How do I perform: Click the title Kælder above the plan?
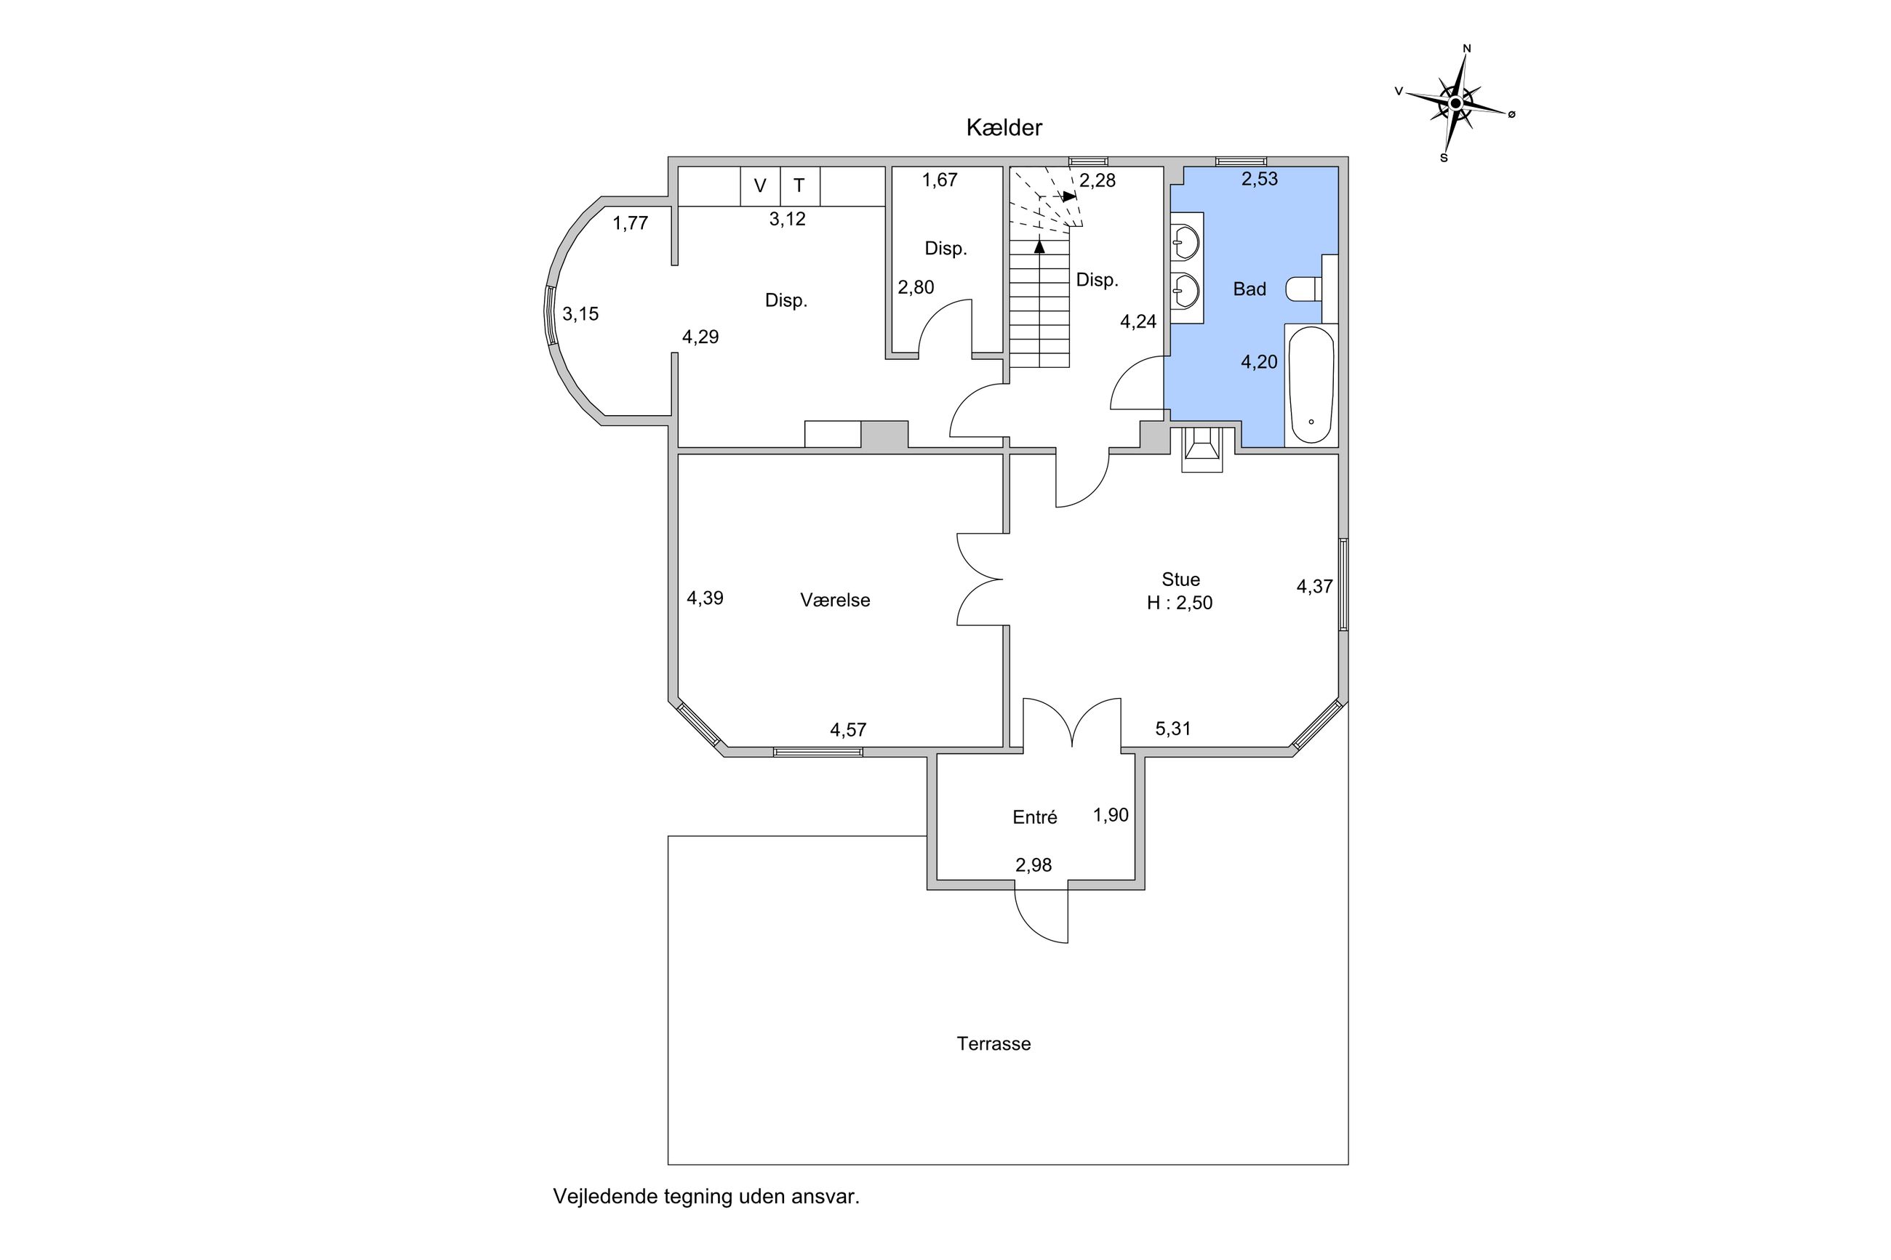[x=1004, y=128]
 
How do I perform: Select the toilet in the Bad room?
[x=1303, y=289]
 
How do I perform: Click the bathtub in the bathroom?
[x=1311, y=385]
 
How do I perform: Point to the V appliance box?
[x=760, y=186]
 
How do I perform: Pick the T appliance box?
[x=799, y=186]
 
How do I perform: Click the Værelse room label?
[x=835, y=601]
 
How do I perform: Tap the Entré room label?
[x=1034, y=817]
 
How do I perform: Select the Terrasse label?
[x=994, y=1044]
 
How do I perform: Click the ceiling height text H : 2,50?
[x=1180, y=603]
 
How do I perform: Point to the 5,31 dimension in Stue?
[x=1173, y=729]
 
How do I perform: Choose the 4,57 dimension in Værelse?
[x=849, y=730]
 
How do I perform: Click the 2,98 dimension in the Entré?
[x=1034, y=865]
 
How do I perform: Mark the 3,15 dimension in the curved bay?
[x=580, y=314]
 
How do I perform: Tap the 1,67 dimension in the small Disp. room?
[x=940, y=180]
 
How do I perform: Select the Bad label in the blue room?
[x=1250, y=289]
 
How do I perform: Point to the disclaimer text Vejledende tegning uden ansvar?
[x=706, y=1197]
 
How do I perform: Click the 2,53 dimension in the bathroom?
[x=1259, y=179]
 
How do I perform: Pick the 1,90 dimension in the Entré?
[x=1111, y=816]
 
